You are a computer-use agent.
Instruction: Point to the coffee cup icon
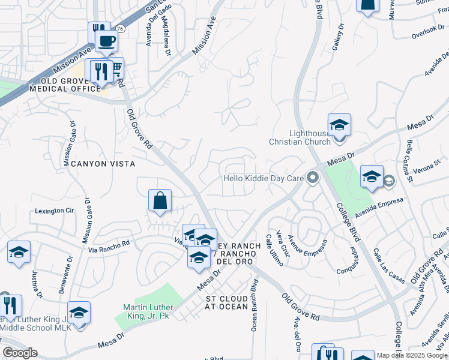106,41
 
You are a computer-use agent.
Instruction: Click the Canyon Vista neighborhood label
103,163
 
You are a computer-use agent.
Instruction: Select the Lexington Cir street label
54,211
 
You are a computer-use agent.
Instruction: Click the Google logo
19,353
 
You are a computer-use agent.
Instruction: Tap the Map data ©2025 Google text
411,355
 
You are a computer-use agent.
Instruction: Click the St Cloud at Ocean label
227,302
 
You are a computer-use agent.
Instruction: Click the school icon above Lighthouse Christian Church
339,125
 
